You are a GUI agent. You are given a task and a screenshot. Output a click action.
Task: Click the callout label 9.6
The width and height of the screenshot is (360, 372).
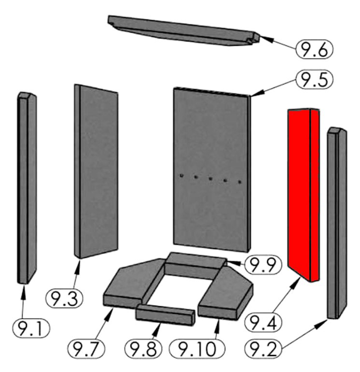point(315,49)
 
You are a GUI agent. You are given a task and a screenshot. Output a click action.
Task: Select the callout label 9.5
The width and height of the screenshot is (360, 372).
point(315,80)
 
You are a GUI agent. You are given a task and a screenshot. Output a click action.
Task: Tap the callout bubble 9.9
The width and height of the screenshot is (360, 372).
point(263,265)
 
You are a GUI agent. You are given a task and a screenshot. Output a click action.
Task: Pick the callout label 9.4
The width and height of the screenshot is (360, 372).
point(263,322)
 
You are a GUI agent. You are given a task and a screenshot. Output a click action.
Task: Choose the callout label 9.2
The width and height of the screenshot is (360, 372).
point(263,348)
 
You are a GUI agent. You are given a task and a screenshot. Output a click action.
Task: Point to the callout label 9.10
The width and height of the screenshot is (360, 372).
point(197,348)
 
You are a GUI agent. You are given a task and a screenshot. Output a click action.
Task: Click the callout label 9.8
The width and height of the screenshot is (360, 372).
point(144,348)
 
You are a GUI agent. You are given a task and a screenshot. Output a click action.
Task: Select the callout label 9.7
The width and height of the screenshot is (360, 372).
point(86,348)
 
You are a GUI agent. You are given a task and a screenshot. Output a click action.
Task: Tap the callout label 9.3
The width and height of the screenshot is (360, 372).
point(64,298)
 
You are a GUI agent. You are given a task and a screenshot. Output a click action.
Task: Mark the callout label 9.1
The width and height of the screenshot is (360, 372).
point(31,328)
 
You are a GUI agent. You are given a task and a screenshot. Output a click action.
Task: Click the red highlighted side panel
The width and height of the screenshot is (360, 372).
point(303,195)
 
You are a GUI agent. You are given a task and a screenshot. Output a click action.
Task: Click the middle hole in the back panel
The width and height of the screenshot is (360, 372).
point(210,178)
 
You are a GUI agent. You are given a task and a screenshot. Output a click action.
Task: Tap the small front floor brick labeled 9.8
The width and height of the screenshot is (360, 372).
point(165,315)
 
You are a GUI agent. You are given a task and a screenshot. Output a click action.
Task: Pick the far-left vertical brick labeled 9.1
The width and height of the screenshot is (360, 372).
point(27,187)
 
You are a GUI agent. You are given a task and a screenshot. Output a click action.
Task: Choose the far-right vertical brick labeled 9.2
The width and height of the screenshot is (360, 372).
point(337,223)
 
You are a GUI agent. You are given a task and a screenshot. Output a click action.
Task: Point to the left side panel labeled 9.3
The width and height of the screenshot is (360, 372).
point(96,171)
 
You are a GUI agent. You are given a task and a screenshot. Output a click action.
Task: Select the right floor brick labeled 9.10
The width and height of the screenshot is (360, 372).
point(226,293)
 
